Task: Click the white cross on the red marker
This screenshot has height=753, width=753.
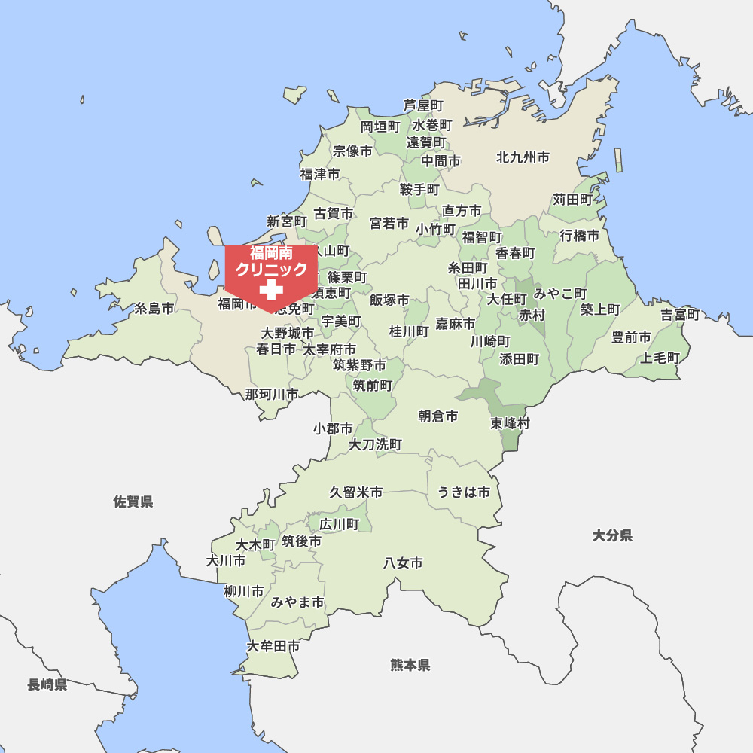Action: [270, 290]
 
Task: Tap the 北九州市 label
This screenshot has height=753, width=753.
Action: [523, 157]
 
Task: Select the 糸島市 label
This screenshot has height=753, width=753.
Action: [154, 309]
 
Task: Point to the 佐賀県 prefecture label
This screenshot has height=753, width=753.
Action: [133, 501]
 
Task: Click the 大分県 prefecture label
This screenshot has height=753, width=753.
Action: [612, 535]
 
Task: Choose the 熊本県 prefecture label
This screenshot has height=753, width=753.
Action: [410, 665]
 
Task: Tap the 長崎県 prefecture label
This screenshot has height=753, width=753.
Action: [47, 684]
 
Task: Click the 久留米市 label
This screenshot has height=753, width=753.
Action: [355, 492]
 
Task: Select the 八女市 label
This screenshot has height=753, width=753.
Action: [403, 562]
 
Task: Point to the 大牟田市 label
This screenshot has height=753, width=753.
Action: [273, 646]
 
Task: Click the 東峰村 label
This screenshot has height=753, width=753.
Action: [510, 423]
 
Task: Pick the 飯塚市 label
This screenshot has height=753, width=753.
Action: [389, 300]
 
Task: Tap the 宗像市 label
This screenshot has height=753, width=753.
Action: [352, 151]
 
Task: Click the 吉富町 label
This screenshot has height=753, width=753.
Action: [681, 315]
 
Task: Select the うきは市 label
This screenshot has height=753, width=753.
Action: [464, 492]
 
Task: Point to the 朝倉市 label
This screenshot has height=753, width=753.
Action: [438, 416]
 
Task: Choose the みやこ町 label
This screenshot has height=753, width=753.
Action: [560, 293]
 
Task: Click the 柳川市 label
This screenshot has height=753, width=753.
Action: [244, 591]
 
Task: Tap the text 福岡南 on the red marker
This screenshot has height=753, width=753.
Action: [271, 253]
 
